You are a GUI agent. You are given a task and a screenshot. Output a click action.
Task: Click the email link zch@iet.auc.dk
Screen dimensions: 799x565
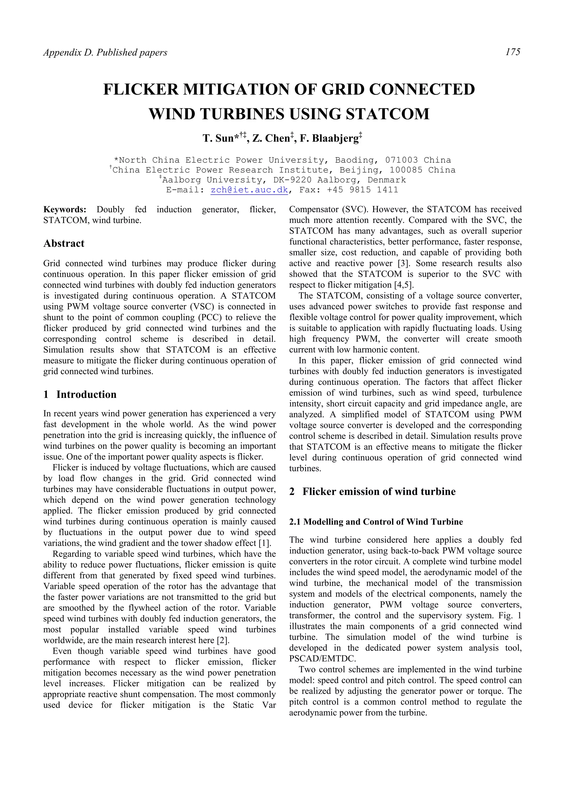[249, 190]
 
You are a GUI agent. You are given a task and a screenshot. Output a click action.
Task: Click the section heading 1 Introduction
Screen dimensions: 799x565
[80, 394]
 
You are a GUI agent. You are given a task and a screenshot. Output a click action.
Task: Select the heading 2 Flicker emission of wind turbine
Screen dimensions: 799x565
[372, 491]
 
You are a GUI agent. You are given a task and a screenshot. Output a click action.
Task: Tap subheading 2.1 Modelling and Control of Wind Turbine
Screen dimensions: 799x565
[376, 522]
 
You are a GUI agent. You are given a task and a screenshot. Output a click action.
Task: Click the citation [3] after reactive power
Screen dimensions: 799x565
[403, 263]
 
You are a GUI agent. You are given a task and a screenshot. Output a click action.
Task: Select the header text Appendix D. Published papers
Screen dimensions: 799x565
[105, 53]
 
